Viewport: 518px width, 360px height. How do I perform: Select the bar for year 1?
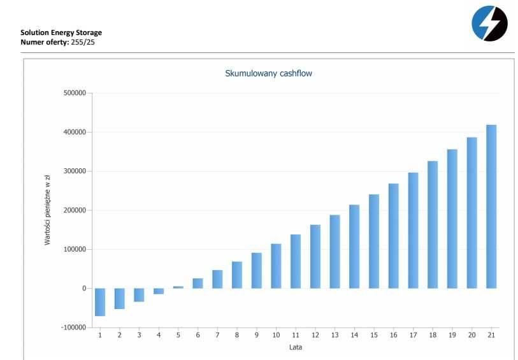click(100, 302)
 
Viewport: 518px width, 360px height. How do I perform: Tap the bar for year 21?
click(491, 206)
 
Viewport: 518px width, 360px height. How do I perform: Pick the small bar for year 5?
click(178, 287)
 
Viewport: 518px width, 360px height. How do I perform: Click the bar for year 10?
click(276, 266)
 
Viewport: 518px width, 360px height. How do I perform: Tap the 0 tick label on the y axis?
click(83, 289)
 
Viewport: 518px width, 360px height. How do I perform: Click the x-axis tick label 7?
click(217, 335)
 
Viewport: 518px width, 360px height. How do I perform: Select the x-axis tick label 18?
click(433, 335)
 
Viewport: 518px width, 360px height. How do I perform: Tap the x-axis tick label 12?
click(315, 335)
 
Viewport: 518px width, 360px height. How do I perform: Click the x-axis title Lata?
click(296, 347)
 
